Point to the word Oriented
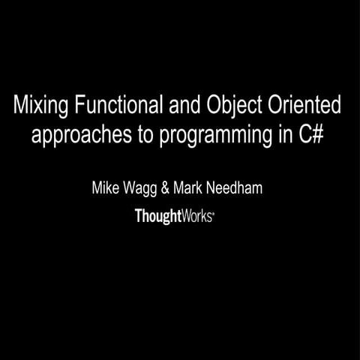tap(300, 106)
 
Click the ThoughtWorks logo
tap(175, 216)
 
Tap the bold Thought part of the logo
tap(159, 216)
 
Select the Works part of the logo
tap(199, 216)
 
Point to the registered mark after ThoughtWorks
tap(215, 212)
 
